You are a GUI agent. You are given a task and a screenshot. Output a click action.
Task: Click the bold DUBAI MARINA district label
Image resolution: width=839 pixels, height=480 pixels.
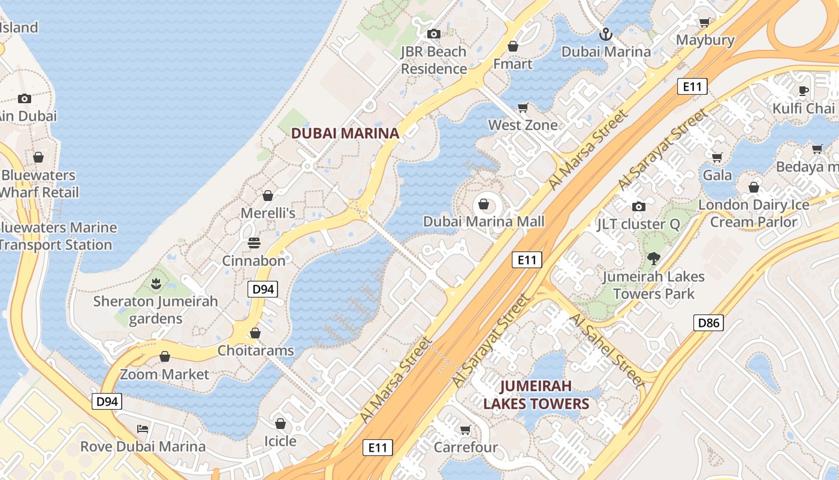[345, 133]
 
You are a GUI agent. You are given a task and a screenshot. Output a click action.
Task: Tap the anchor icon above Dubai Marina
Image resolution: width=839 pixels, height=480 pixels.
[606, 34]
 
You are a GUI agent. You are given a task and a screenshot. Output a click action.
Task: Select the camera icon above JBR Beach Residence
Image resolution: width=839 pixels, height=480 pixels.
[434, 34]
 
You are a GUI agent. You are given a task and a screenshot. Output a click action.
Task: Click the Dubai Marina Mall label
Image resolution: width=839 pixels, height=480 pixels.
[484, 221]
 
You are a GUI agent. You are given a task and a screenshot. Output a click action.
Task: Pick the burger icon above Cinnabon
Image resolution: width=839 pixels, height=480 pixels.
[254, 243]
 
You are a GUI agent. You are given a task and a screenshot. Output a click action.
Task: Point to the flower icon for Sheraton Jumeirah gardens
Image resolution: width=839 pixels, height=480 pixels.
[156, 283]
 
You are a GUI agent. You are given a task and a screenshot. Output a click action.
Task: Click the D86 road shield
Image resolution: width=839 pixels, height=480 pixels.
[708, 323]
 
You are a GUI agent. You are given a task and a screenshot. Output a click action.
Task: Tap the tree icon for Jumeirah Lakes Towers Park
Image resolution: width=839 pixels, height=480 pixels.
[653, 259]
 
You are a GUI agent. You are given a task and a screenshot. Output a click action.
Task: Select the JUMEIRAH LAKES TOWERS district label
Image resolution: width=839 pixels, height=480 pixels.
[536, 394]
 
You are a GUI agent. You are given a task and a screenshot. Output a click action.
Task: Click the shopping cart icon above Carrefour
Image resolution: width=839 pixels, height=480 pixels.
[465, 430]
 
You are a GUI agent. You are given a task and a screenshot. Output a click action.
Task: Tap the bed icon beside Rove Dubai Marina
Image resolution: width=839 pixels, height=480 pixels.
[143, 428]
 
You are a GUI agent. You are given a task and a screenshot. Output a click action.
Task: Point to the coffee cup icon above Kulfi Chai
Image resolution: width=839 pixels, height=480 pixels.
[804, 91]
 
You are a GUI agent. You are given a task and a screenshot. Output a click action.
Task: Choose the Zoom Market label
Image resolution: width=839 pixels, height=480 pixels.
[165, 374]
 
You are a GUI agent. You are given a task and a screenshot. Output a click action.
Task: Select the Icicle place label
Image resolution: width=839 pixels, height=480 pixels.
[280, 441]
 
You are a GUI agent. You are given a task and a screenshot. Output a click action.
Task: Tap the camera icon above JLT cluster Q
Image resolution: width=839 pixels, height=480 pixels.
[639, 206]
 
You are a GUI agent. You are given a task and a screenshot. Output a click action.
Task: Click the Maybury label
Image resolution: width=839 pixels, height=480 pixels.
[705, 40]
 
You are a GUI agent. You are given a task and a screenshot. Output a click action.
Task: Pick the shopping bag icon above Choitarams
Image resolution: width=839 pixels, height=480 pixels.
[255, 332]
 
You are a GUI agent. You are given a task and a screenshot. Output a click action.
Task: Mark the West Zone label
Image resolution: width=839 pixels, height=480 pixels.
[523, 125]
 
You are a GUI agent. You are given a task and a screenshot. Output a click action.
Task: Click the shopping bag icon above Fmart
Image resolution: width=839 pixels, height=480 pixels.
[512, 46]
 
